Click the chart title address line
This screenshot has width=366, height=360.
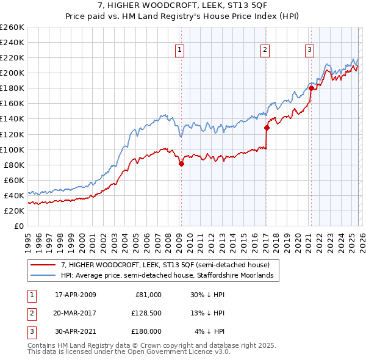click(x=183, y=6)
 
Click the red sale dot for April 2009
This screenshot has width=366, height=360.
click(x=181, y=164)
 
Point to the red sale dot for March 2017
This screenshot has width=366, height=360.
click(x=267, y=128)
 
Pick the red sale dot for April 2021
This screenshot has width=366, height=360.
click(x=310, y=88)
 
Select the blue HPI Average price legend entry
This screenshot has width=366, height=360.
click(x=170, y=276)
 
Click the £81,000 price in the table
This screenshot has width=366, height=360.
click(x=148, y=295)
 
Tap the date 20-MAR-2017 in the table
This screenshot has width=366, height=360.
click(x=76, y=313)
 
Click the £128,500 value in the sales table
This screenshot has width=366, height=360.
click(x=146, y=313)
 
